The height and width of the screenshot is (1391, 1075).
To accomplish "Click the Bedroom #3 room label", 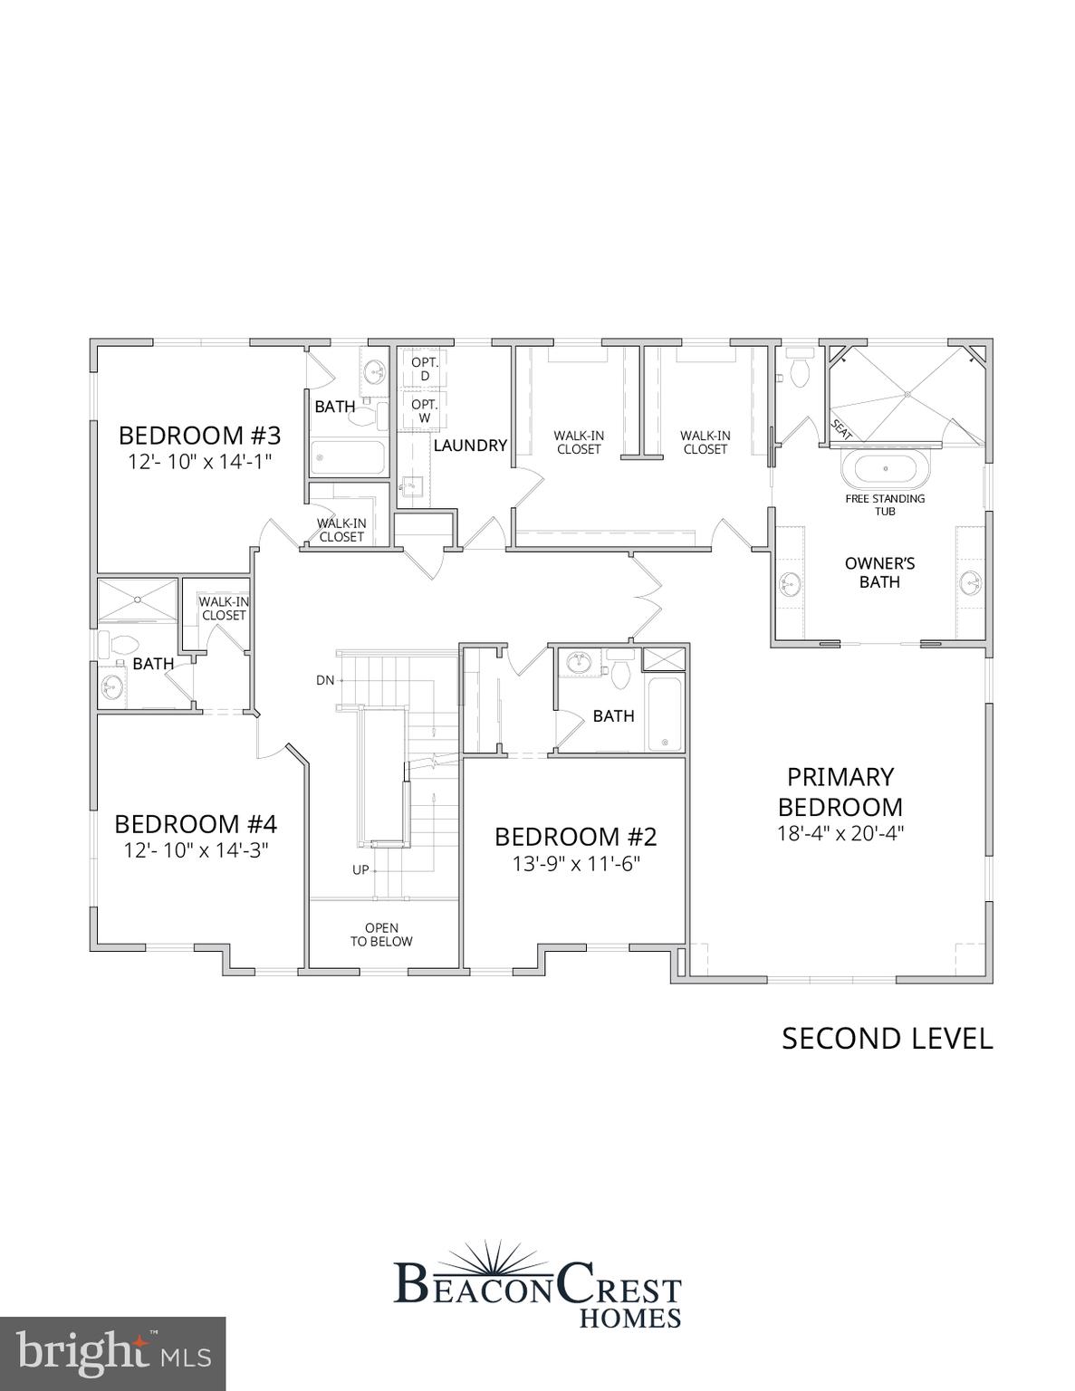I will click(199, 436).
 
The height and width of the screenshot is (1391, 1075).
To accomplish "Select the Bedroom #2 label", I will click(575, 836).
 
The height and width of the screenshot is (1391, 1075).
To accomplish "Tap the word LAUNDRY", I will click(469, 446).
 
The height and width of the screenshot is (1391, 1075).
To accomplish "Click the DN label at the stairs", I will click(325, 680).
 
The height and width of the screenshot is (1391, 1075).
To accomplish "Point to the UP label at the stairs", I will click(360, 870).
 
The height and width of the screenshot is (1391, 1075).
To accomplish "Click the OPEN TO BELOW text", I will click(381, 935).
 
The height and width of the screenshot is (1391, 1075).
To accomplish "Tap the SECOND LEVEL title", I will click(887, 1039).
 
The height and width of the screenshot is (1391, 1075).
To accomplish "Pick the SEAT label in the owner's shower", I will click(841, 429).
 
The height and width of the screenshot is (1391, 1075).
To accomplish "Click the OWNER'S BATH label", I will click(879, 572).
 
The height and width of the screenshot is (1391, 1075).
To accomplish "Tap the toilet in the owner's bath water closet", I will click(799, 371).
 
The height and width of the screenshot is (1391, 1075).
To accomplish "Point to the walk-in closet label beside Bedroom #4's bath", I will click(224, 609).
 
